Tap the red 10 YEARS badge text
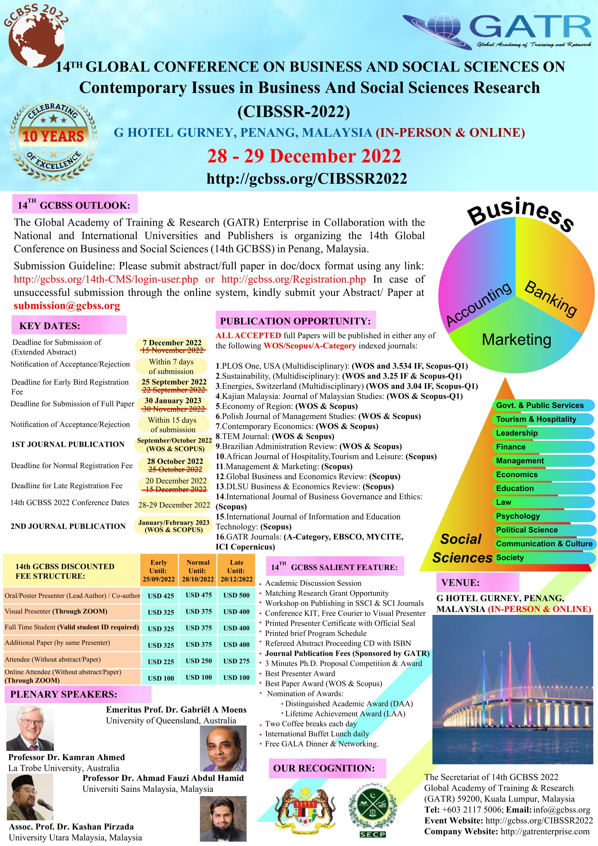pyautogui.click(x=54, y=136)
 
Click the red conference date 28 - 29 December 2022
pyautogui.click(x=304, y=156)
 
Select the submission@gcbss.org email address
pyautogui.click(x=67, y=306)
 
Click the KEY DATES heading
pyautogui.click(x=50, y=326)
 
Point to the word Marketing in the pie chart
pyautogui.click(x=516, y=339)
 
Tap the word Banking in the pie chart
pyautogui.click(x=551, y=299)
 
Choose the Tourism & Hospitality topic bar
pyautogui.click(x=536, y=419)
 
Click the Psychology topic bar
pyautogui.click(x=518, y=516)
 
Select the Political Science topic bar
pyautogui.click(x=526, y=530)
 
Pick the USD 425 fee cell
pyautogui.click(x=161, y=596)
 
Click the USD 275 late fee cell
pyautogui.click(x=236, y=661)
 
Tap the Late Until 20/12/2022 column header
pyautogui.click(x=236, y=571)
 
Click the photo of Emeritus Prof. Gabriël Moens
pyautogui.click(x=30, y=727)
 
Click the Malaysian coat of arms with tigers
pyautogui.click(x=305, y=812)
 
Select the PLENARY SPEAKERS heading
pyautogui.click(x=64, y=694)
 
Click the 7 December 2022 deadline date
pyautogui.click(x=172, y=343)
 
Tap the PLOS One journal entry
pyautogui.click(x=341, y=366)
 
